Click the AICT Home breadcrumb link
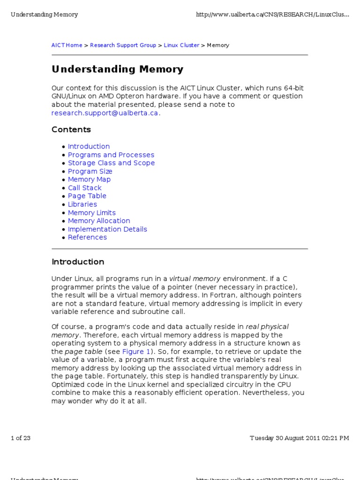(67, 45)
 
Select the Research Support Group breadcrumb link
(123, 45)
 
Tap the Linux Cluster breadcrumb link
(181, 45)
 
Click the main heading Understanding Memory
(117, 69)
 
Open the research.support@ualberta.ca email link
(105, 113)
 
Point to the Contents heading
(71, 129)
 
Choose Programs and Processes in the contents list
(111, 155)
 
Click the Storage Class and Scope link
(111, 163)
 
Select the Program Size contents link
(90, 172)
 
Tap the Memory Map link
(89, 180)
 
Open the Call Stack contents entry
(84, 188)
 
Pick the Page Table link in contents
(87, 196)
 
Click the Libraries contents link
(82, 204)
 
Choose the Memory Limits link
(91, 213)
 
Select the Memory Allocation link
(99, 221)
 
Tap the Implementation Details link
(107, 229)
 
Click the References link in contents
(87, 237)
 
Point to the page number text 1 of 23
(21, 438)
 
